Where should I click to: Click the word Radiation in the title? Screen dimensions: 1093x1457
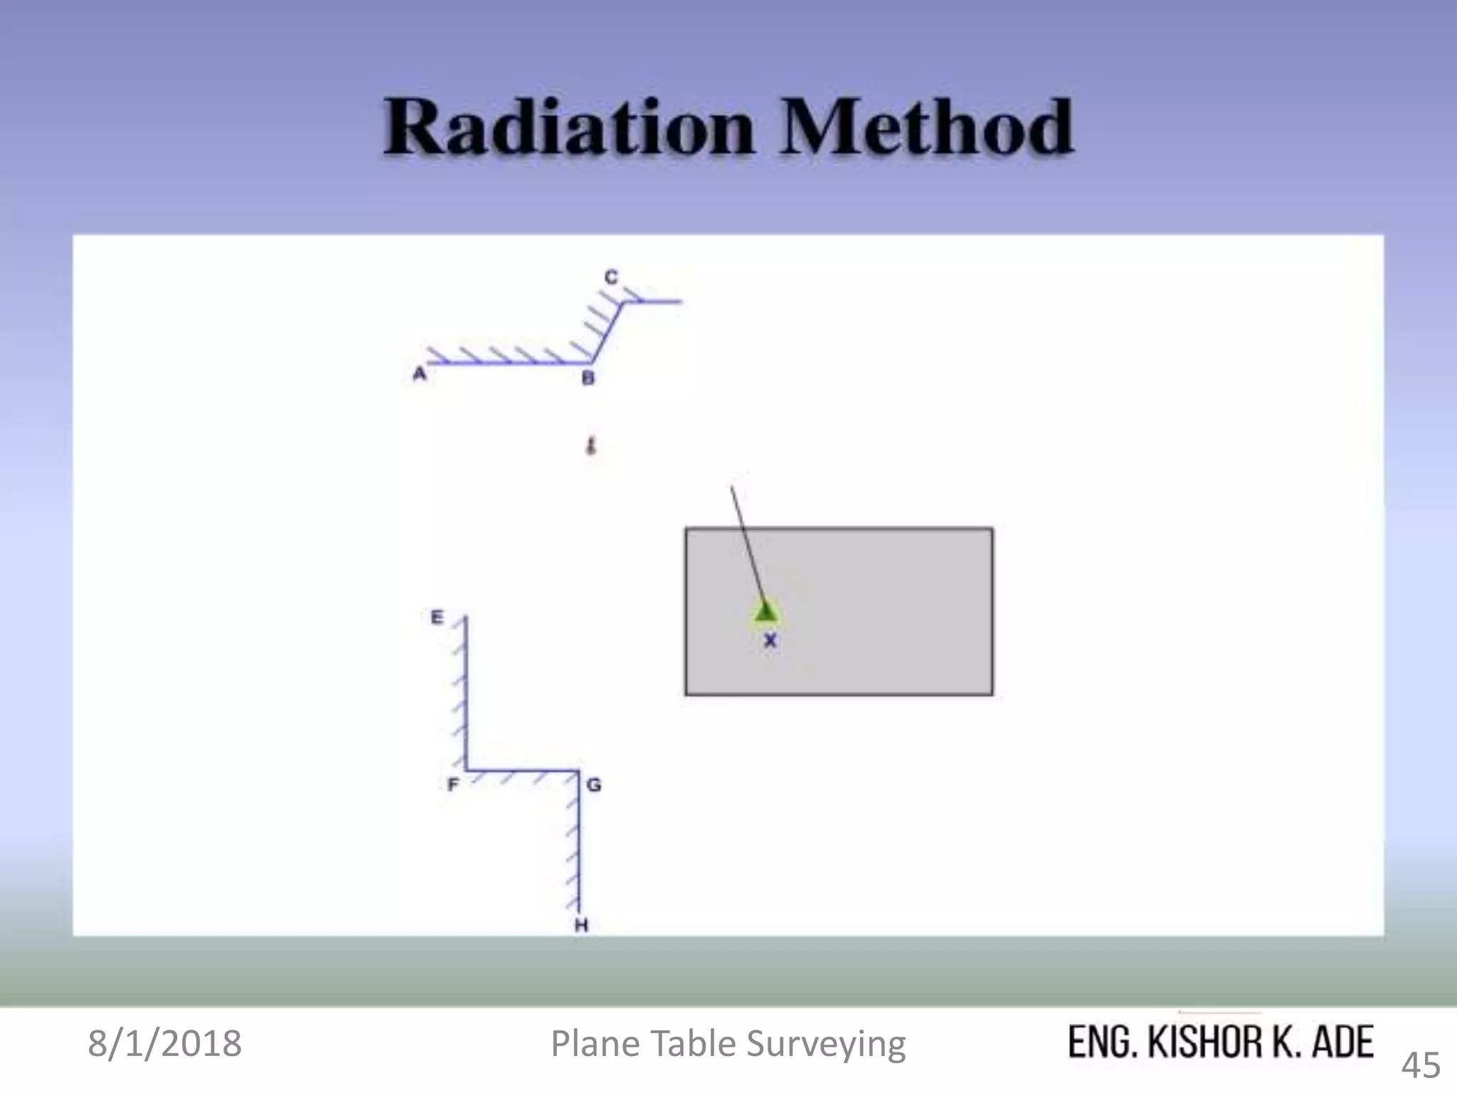click(568, 128)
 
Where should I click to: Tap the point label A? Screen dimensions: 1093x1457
click(419, 374)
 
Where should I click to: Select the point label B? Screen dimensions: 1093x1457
click(588, 378)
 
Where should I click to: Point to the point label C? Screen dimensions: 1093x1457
click(611, 277)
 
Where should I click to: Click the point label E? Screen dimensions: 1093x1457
click(437, 617)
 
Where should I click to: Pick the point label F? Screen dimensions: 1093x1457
click(452, 784)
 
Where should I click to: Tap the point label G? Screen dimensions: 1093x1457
click(594, 785)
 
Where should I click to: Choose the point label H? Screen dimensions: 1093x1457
click(581, 925)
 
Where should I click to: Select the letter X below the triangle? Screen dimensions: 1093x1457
click(770, 640)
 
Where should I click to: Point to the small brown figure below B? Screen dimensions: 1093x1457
click(590, 446)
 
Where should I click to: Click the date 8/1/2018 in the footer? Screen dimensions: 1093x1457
click(164, 1043)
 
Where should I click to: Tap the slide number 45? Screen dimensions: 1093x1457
click(1421, 1065)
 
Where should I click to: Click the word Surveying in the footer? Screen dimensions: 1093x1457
click(826, 1044)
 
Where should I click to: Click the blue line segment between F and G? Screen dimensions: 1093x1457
click(522, 770)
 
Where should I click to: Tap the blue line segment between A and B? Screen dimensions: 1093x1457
click(509, 363)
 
